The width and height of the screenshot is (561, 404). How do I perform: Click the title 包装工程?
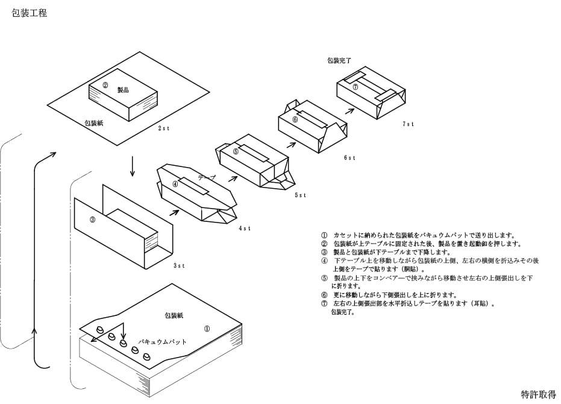coord(30,13)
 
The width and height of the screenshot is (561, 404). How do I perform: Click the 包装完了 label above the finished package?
coord(339,60)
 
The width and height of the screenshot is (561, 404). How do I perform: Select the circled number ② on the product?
coord(105,85)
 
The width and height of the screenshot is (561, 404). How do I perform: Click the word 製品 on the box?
coord(123,90)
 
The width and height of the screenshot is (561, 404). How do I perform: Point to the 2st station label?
coord(164,128)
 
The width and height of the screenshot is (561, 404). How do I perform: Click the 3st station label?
coord(179,266)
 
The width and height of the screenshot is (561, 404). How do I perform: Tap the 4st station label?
coord(245,228)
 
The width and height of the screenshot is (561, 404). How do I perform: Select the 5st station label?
coord(301,195)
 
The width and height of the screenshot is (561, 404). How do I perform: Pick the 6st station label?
coord(349,157)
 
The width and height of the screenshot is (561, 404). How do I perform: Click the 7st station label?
coord(408,124)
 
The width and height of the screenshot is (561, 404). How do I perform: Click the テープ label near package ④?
coord(207,177)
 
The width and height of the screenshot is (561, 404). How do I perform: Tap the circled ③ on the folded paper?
coord(92,219)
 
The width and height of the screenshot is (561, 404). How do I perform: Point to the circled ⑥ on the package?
coord(295,119)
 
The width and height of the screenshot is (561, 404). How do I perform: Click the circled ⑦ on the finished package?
coord(356,87)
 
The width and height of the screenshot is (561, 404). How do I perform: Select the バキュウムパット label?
coord(163,342)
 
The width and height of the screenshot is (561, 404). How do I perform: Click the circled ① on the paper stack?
coord(207,329)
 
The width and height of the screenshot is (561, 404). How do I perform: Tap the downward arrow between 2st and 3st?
coord(133,166)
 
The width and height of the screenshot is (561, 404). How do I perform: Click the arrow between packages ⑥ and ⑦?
coord(349,110)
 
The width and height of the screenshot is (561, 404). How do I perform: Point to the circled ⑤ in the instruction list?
coord(325,278)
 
